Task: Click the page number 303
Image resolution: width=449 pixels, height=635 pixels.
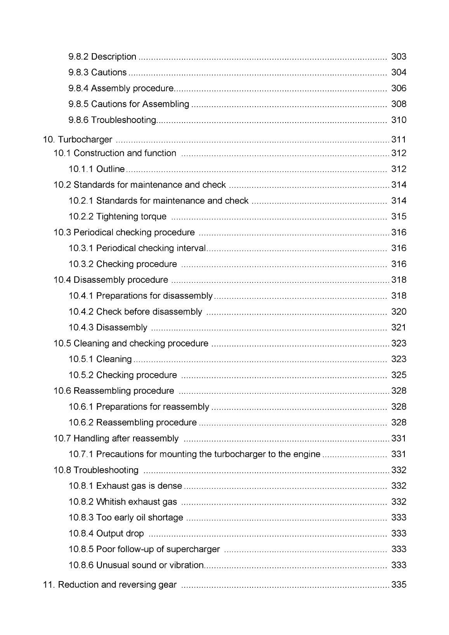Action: click(399, 57)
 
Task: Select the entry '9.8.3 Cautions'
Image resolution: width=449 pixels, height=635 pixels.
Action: click(97, 73)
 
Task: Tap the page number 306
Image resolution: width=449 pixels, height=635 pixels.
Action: click(399, 88)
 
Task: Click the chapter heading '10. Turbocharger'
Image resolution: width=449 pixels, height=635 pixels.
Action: click(78, 140)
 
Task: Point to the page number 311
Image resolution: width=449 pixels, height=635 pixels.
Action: click(399, 140)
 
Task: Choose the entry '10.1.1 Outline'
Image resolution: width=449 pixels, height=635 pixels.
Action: click(97, 169)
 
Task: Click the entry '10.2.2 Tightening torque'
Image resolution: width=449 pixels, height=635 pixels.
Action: click(117, 216)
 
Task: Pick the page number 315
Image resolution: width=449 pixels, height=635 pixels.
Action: click(399, 216)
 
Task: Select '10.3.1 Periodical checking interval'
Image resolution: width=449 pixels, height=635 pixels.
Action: click(137, 248)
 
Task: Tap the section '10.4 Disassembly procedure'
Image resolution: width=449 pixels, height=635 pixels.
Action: click(111, 280)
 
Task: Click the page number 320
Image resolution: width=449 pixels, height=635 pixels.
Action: click(399, 312)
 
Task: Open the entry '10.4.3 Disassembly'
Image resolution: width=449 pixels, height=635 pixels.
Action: click(108, 328)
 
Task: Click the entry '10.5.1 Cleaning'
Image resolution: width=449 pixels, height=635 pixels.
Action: click(100, 359)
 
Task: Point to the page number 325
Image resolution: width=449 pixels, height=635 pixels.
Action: click(399, 375)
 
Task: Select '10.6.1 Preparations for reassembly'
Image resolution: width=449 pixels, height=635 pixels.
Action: click(139, 407)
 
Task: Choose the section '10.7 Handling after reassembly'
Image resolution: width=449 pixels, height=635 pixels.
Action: click(116, 439)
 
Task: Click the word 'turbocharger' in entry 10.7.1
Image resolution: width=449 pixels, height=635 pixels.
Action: click(240, 454)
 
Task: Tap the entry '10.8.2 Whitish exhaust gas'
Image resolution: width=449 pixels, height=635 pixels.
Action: click(123, 502)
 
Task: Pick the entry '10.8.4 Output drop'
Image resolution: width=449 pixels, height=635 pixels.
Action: click(106, 534)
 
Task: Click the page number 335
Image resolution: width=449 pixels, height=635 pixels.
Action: click(399, 585)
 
